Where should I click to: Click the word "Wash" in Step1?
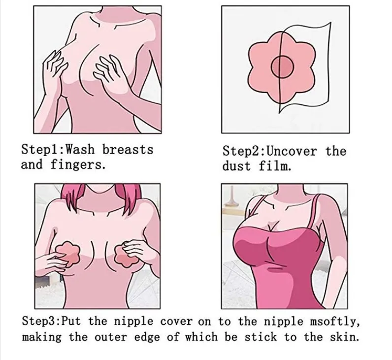(80, 150)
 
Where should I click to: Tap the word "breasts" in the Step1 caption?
(128, 150)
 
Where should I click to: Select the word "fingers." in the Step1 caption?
(78, 165)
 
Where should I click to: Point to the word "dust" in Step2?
(236, 166)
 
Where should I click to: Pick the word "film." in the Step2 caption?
(275, 166)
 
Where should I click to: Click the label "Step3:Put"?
(51, 321)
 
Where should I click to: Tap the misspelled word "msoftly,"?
(335, 322)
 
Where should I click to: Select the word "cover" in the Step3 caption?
(176, 322)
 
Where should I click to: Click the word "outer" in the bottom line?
(111, 337)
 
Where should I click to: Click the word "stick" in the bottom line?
(261, 337)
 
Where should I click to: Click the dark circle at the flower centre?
(282, 67)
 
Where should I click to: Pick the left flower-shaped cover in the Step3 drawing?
(68, 253)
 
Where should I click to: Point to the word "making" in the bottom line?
(41, 337)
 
